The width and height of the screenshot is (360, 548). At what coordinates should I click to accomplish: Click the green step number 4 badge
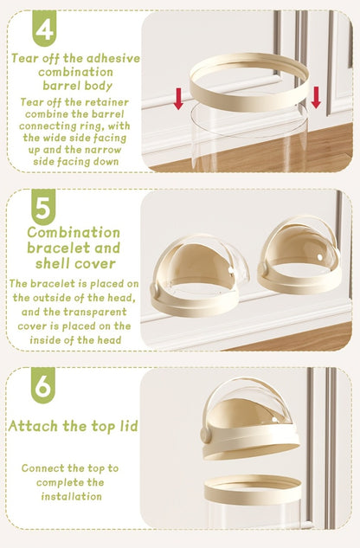44,28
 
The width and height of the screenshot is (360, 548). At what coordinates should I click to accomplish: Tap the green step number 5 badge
43,207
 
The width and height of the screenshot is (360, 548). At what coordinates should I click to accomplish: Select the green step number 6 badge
43,385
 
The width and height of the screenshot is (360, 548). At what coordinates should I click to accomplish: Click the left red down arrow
178,99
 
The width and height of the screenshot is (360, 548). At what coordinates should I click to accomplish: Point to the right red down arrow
316,97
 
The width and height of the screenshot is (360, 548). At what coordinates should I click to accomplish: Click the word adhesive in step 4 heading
112,58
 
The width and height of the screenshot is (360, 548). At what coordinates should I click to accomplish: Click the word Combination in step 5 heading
74,232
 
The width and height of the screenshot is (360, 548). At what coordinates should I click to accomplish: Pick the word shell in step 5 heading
53,263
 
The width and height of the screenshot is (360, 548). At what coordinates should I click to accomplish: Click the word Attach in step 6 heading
33,426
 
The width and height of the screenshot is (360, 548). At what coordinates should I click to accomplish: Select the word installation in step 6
72,496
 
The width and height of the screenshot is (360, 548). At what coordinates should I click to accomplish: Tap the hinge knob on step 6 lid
206,436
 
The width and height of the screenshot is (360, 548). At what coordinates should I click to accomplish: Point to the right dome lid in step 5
299,255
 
